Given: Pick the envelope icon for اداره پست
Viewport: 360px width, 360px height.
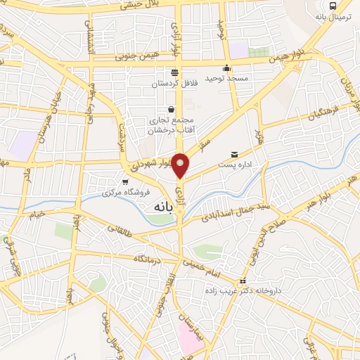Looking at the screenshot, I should tap(234, 154).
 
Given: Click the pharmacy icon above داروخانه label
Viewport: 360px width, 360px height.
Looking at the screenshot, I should tap(243, 281).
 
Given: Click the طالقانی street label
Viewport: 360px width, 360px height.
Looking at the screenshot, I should tap(121, 235).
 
